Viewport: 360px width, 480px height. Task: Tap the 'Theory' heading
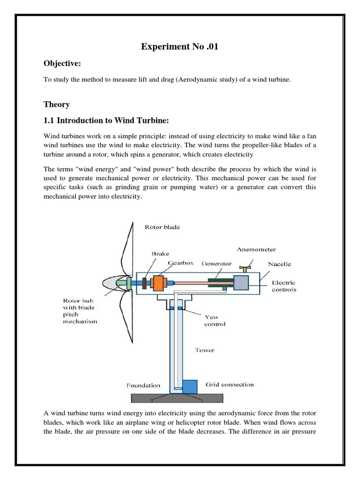tap(57, 104)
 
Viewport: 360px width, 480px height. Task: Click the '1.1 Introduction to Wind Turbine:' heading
tap(105, 120)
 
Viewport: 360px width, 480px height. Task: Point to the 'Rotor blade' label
tap(162, 227)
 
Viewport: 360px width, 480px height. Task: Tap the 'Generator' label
tap(217, 263)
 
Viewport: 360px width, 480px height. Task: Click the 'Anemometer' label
tap(256, 249)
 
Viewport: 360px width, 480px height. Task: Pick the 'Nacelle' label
tap(279, 264)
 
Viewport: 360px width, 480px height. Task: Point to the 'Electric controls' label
tap(284, 286)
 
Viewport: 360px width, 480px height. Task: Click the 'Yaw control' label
tap(215, 320)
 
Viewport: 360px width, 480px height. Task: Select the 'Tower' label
tap(205, 350)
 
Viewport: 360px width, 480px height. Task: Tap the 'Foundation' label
tap(143, 386)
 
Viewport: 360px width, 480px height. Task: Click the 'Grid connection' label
tap(230, 384)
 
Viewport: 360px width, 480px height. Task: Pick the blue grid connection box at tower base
tap(190, 387)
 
